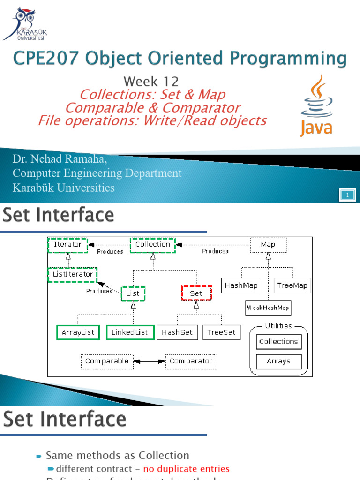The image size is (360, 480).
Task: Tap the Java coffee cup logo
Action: pyautogui.click(x=316, y=105)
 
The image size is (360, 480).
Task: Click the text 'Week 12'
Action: pyautogui.click(x=151, y=81)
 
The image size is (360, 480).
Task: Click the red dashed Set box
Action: pyautogui.click(x=196, y=293)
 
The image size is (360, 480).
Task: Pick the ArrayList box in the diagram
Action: pyautogui.click(x=78, y=332)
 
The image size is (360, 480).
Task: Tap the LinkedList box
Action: pyautogui.click(x=129, y=332)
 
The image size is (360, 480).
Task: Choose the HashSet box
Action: pyautogui.click(x=177, y=332)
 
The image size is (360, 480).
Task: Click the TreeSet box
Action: pyautogui.click(x=221, y=332)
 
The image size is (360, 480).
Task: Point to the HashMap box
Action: pyautogui.click(x=239, y=285)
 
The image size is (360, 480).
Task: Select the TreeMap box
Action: pyautogui.click(x=292, y=285)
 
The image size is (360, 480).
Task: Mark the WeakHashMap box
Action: pyautogui.click(x=268, y=308)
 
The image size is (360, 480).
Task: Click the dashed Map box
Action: pyautogui.click(x=268, y=245)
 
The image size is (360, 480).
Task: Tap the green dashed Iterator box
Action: pyautogui.click(x=67, y=245)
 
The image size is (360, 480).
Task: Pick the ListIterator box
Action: pyautogui.click(x=72, y=274)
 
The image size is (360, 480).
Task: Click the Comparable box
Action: pyautogui.click(x=107, y=361)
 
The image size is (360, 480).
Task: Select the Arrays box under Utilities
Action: pyautogui.click(x=278, y=361)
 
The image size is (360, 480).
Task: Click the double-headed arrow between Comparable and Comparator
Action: pyautogui.click(x=149, y=361)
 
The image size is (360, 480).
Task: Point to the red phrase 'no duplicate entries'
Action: pyautogui.click(x=186, y=469)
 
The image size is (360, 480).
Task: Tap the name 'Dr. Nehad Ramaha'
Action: pyautogui.click(x=60, y=159)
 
